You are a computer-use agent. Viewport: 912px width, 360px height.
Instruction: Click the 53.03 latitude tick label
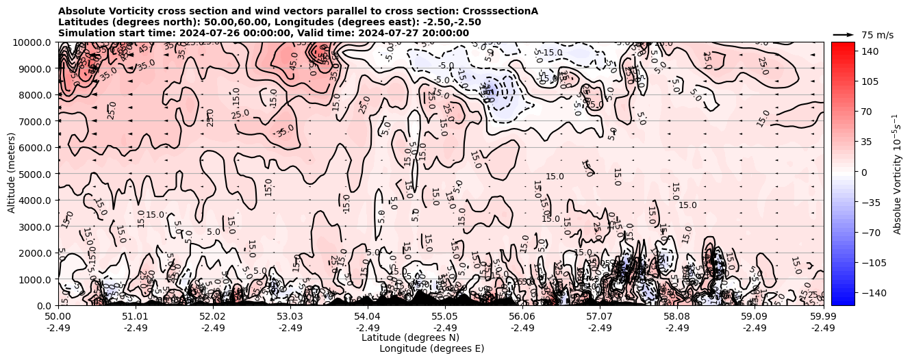click(x=290, y=317)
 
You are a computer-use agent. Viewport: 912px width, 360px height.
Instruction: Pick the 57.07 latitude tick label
click(x=600, y=317)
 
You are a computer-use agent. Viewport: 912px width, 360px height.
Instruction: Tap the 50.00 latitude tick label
click(x=58, y=317)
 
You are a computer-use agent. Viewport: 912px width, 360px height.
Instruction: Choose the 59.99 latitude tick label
click(x=823, y=317)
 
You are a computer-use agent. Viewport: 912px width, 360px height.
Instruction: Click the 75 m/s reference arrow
click(x=844, y=34)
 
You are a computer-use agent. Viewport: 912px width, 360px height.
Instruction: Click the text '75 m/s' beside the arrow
click(x=876, y=35)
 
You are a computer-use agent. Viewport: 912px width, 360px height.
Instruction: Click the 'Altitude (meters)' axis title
click(x=12, y=174)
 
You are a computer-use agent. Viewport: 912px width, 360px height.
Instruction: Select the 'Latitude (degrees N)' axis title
click(x=410, y=337)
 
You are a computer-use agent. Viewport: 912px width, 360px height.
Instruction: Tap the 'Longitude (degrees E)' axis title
click(x=431, y=348)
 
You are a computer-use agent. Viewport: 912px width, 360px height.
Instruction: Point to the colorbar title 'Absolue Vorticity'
click(x=897, y=174)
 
